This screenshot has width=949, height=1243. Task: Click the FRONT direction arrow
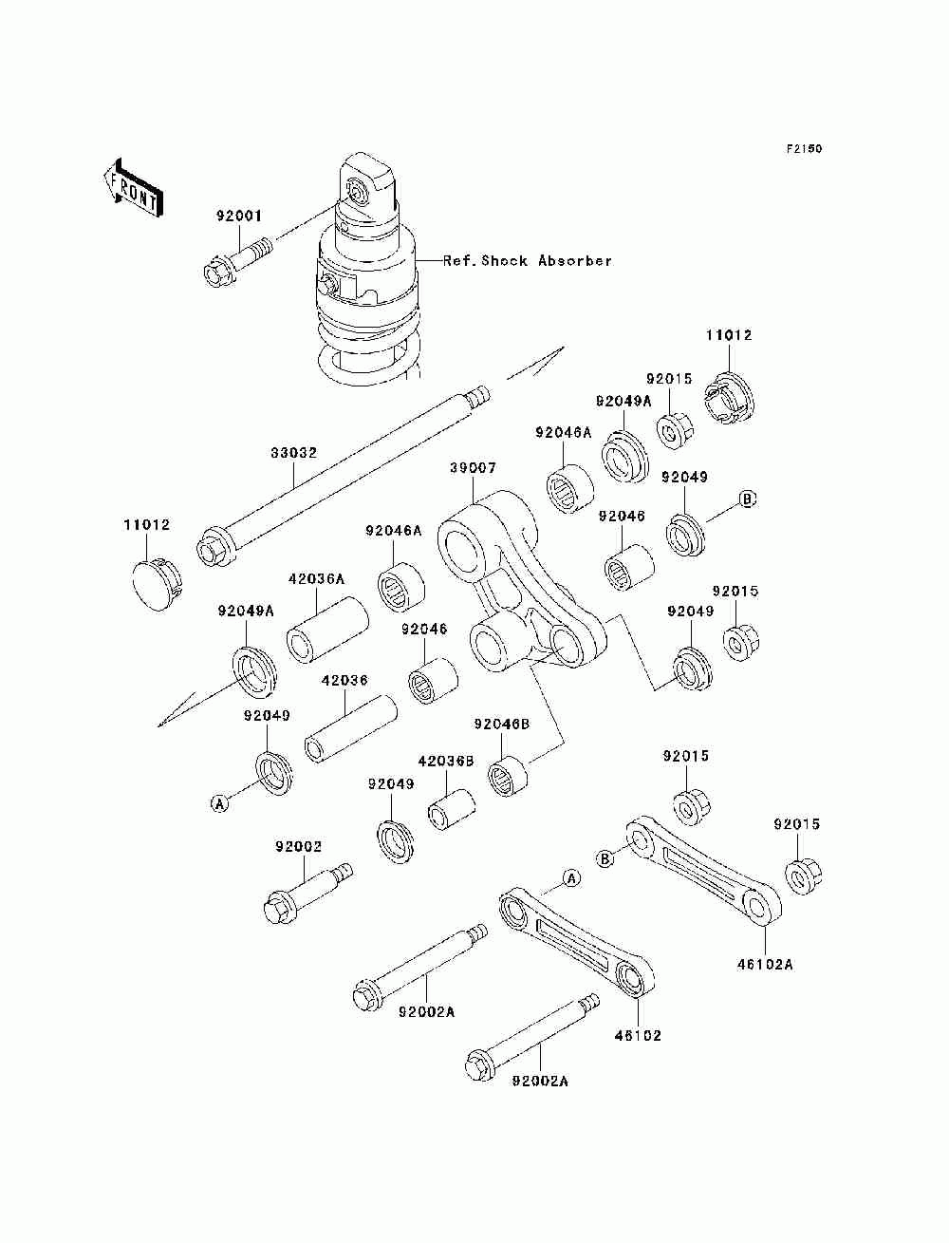(x=134, y=188)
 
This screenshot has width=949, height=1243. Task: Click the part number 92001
(x=238, y=216)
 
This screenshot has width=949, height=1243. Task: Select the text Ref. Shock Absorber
(x=527, y=261)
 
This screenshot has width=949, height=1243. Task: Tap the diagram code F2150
(x=804, y=149)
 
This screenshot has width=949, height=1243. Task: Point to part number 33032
(x=293, y=452)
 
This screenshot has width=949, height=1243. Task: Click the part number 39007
(x=474, y=468)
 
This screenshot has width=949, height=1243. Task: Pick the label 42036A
(x=316, y=579)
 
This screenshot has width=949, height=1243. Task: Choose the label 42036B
(x=445, y=762)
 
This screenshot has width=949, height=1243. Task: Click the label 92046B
(x=502, y=725)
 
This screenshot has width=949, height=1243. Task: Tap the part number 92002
(x=298, y=847)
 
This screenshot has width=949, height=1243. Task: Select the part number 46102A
(x=765, y=965)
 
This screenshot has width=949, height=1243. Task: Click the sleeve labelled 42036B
(x=451, y=809)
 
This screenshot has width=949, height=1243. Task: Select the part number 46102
(x=638, y=1036)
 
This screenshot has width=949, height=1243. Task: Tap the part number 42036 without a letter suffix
(x=344, y=680)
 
